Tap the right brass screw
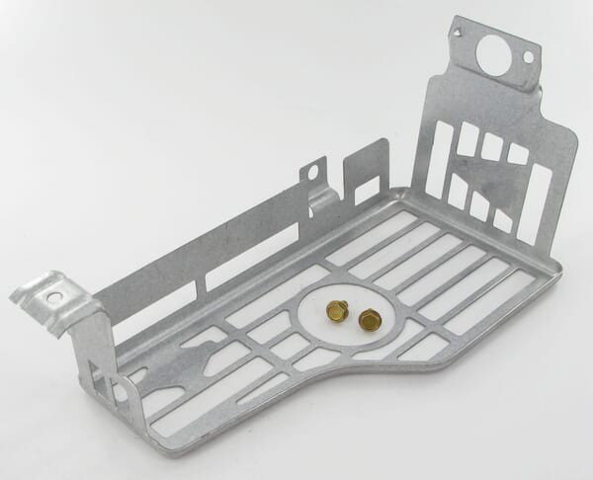coord(370,319)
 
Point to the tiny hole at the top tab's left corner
coord(459,35)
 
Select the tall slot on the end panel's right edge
coord(541,202)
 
